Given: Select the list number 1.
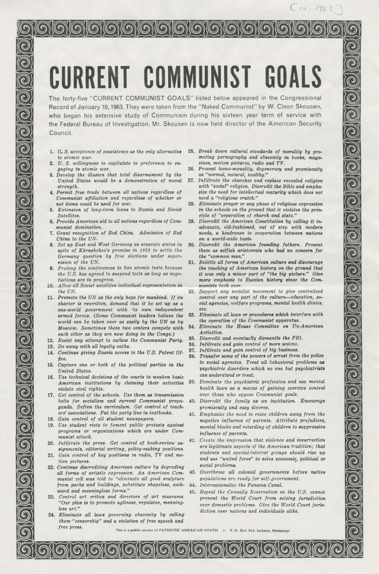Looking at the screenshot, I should click(x=52, y=152).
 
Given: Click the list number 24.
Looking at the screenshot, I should click(x=51, y=514).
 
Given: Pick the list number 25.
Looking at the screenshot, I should click(x=191, y=151).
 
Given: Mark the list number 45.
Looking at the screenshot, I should click(x=191, y=491).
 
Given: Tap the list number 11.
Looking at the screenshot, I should click(x=51, y=298).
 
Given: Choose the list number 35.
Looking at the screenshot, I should click(x=191, y=338).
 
